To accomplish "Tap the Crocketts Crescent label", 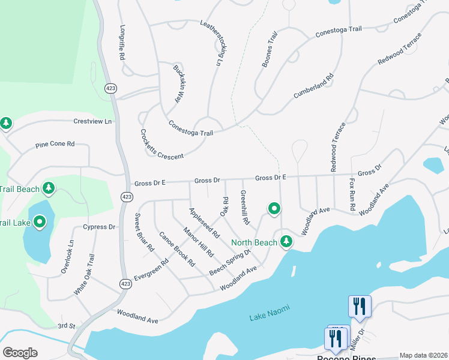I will (x=161, y=144).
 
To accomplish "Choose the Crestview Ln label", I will (x=92, y=121).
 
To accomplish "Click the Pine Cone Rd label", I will (x=55, y=144).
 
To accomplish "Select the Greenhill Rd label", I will (x=244, y=208).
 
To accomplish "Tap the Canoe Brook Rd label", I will (x=177, y=249).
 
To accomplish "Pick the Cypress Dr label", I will (x=100, y=227).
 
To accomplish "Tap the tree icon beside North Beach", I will (x=287, y=241).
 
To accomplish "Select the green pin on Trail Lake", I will (x=40, y=223).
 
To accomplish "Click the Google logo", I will (x=20, y=353).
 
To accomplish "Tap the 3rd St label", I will (x=65, y=326).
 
